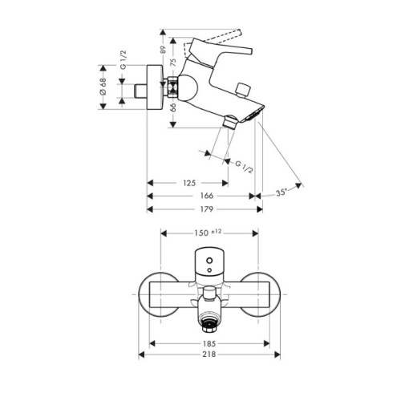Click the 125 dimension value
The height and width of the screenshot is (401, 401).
(189, 183)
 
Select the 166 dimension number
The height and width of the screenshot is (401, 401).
(207, 196)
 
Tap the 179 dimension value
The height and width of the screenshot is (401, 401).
(207, 209)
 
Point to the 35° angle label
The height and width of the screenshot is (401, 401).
(282, 192)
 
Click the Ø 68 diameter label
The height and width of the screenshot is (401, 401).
(103, 86)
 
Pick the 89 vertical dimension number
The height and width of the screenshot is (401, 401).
(163, 50)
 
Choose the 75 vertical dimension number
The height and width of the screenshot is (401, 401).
(173, 63)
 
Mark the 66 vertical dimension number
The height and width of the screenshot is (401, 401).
(173, 107)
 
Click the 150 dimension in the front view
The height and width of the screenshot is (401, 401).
(201, 233)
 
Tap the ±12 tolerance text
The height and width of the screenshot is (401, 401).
(217, 231)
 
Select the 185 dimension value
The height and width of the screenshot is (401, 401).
(209, 343)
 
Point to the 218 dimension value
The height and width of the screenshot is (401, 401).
(209, 354)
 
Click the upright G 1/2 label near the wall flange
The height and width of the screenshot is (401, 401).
(123, 60)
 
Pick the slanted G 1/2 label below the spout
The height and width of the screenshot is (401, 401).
(244, 168)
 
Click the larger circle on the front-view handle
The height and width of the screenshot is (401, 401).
(209, 261)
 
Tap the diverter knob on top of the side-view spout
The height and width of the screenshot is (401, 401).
(243, 90)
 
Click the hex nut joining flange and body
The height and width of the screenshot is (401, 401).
(172, 87)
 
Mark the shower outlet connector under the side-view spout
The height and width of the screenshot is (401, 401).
(230, 122)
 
